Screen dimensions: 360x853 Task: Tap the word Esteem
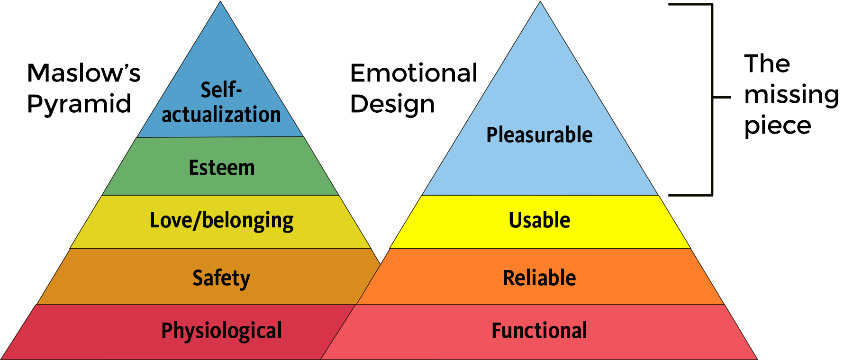pos(222,168)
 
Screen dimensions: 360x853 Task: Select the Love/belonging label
pos(222,221)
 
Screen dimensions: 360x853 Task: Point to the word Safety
pos(221,278)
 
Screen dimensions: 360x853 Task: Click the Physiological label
pos(221,331)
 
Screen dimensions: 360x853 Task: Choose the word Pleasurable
pos(539,135)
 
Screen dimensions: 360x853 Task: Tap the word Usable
pos(539,220)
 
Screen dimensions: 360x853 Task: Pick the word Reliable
pos(539,278)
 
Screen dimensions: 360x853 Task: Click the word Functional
pos(539,331)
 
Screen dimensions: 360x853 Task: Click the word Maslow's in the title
pos(84,73)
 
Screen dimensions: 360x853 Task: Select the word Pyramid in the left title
pos(79,104)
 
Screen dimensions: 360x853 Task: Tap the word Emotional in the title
pos(414,73)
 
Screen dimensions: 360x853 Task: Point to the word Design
pos(392,104)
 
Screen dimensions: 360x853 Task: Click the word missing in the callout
pos(791,95)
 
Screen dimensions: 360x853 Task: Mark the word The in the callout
pos(767,64)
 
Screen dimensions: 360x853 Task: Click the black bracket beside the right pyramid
pos(712,97)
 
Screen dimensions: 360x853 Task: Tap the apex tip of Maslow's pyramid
pos(220,2)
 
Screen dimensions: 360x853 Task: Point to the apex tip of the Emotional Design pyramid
pos(540,2)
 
